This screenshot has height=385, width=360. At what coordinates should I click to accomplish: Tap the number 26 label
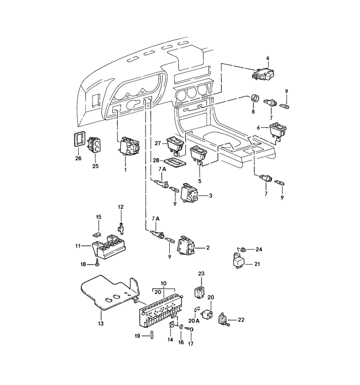78,158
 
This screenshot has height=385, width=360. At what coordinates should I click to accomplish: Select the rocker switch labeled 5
199,154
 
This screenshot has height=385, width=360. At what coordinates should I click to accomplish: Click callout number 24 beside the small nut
259,249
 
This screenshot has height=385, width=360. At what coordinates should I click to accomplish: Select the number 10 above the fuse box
164,284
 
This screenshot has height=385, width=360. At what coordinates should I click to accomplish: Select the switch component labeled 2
185,247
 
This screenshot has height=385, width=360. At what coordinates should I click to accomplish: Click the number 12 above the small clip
120,207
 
